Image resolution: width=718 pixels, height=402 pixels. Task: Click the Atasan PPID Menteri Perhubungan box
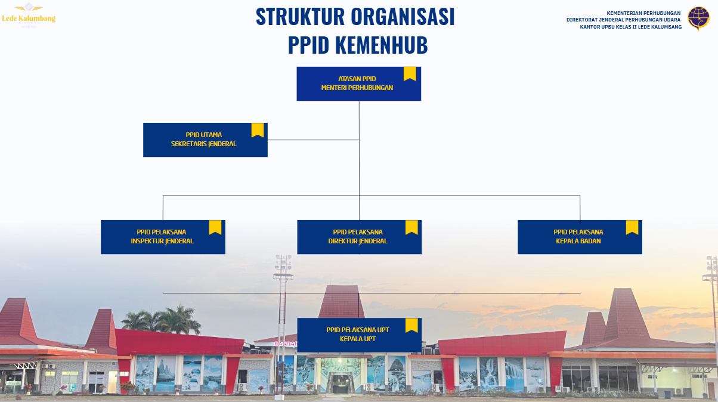358,84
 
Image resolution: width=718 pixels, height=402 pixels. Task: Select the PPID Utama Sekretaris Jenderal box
205,140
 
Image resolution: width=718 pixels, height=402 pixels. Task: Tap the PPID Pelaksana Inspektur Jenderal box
163,237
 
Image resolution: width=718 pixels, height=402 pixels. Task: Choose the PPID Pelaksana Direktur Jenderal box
360,237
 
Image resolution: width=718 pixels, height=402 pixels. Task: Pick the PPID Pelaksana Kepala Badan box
580,237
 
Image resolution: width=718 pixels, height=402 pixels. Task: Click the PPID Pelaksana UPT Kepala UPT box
360,335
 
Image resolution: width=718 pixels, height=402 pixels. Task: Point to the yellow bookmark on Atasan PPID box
410,73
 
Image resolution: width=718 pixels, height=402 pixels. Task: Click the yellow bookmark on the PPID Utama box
258,130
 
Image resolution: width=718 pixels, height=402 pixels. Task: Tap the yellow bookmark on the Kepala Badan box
632,227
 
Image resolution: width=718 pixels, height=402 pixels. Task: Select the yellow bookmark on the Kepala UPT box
411,325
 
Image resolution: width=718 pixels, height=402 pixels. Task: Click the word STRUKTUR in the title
300,17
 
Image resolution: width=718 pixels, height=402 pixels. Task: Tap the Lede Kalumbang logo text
29,18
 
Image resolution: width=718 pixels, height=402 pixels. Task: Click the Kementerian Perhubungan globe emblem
698,18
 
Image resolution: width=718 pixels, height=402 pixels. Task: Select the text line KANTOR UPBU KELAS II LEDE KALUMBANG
631,27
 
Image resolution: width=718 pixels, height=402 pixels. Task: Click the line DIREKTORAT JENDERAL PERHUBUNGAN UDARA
623,20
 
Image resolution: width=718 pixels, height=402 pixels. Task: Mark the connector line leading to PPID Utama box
313,140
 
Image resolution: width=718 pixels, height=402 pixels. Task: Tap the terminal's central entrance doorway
341,382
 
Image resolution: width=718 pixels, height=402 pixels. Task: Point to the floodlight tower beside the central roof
283,324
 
